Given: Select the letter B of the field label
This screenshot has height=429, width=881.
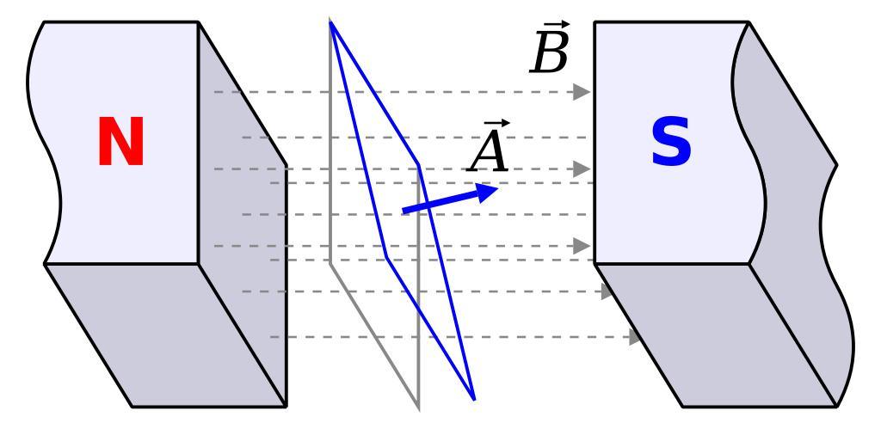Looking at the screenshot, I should tap(551, 55).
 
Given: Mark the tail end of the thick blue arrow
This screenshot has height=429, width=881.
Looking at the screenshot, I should tap(404, 211).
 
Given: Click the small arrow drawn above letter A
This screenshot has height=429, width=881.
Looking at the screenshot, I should tap(490, 124).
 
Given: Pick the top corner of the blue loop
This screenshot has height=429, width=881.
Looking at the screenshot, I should tap(330, 21).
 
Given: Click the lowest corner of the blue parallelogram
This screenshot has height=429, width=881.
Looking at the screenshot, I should tap(474, 399).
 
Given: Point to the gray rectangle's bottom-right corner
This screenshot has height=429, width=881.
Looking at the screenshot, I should tap(419, 408).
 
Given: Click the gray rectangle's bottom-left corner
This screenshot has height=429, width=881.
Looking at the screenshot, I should tap(330, 262).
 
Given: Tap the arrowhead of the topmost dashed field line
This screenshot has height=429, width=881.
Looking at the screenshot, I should tap(582, 91).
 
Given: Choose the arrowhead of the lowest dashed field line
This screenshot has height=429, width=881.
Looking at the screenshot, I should tap(637, 337).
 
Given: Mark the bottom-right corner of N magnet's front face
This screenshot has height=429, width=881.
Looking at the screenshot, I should tap(199, 263).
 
